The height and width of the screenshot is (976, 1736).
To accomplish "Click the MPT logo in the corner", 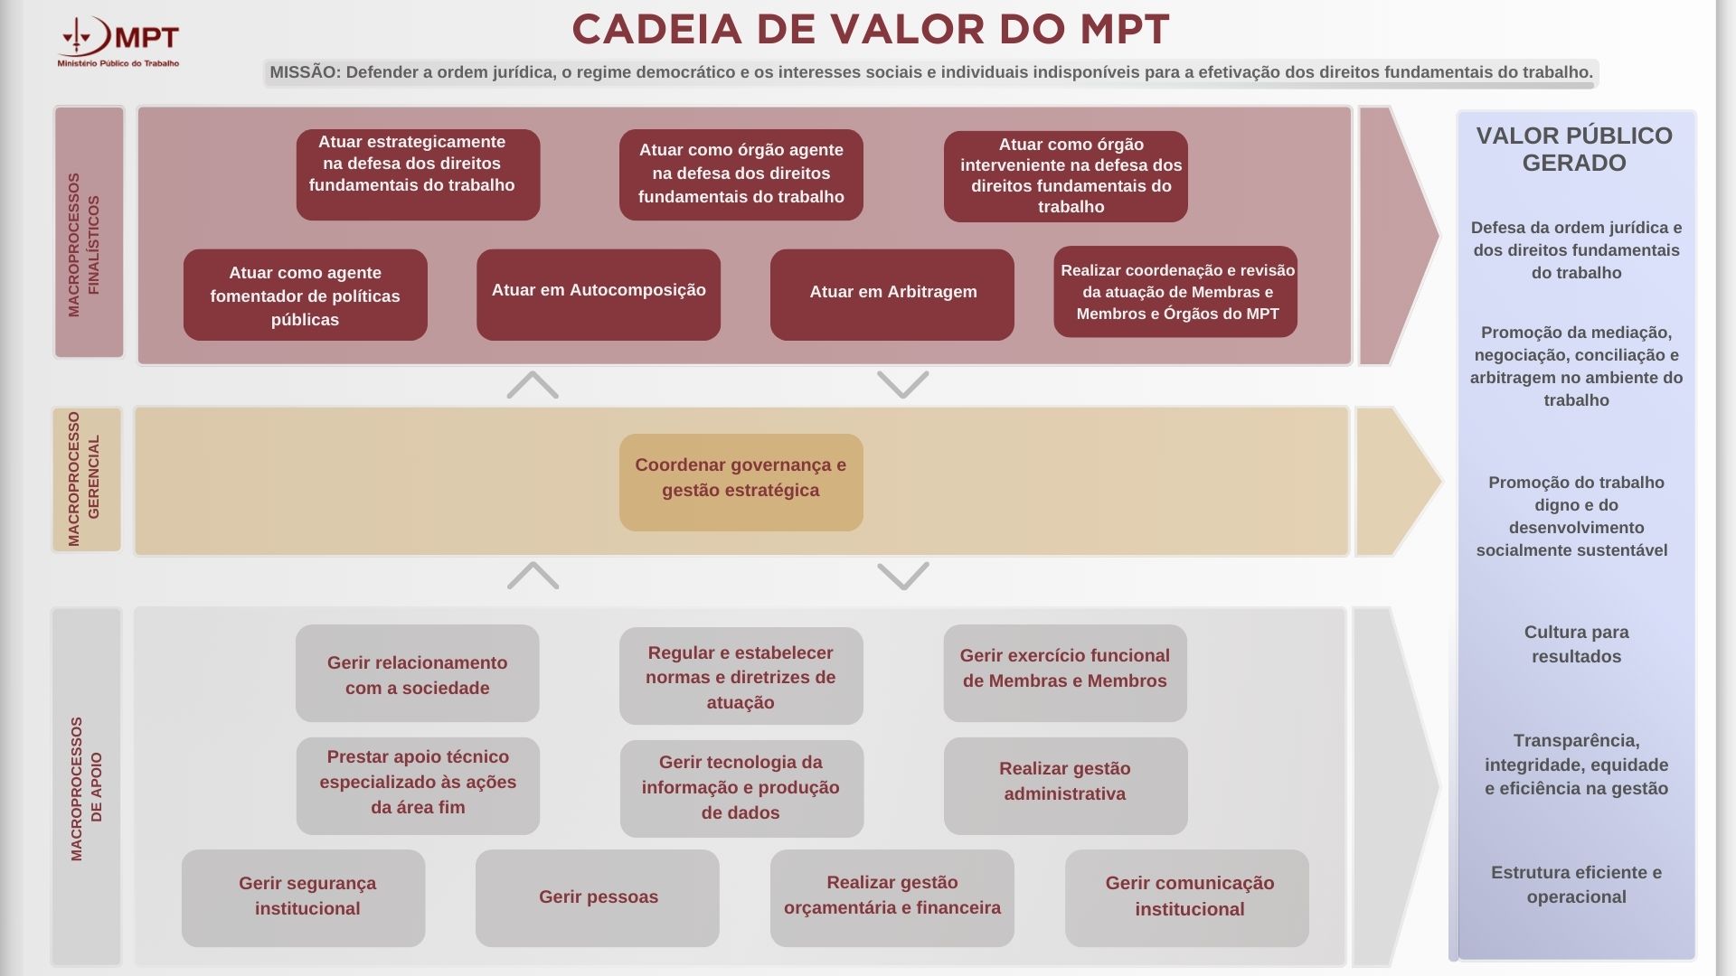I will pyautogui.click(x=118, y=42).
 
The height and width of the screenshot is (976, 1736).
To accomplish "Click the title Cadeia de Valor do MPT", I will pyautogui.click(x=870, y=30).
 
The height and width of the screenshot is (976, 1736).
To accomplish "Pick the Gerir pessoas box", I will pyautogui.click(x=598, y=897).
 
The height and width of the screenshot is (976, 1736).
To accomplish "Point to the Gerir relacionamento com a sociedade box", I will pyautogui.click(x=417, y=673).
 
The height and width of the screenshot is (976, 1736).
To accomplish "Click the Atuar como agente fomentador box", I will pyautogui.click(x=306, y=295).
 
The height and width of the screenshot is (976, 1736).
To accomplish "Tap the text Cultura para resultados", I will pyautogui.click(x=1576, y=644).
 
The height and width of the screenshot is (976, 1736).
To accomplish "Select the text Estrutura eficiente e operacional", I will pyautogui.click(x=1576, y=885).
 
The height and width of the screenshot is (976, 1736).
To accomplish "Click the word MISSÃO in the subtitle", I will pyautogui.click(x=304, y=72).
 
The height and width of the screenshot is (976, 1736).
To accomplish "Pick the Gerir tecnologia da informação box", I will pyautogui.click(x=741, y=787).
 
